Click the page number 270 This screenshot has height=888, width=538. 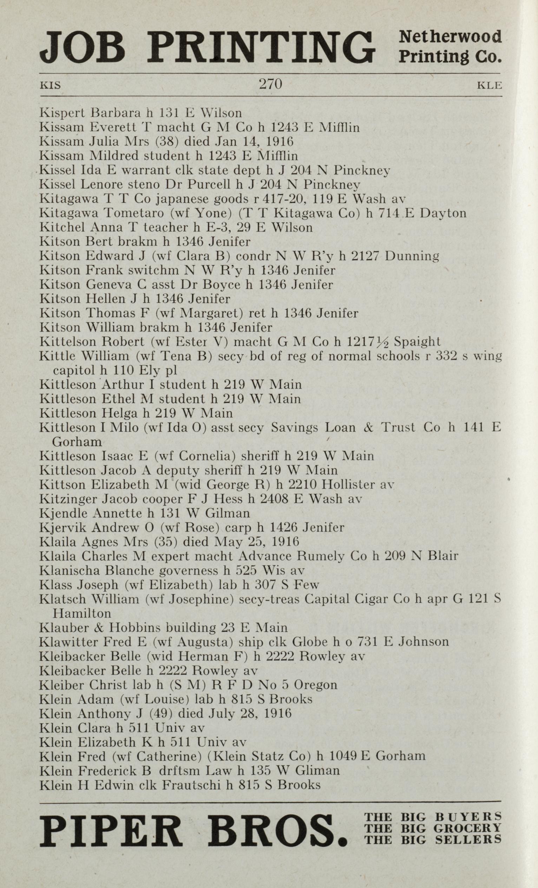click(x=270, y=84)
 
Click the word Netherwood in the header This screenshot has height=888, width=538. click(x=451, y=37)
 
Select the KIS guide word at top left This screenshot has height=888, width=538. click(x=50, y=86)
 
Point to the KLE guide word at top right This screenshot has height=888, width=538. click(x=489, y=86)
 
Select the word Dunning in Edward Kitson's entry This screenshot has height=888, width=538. click(x=412, y=256)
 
